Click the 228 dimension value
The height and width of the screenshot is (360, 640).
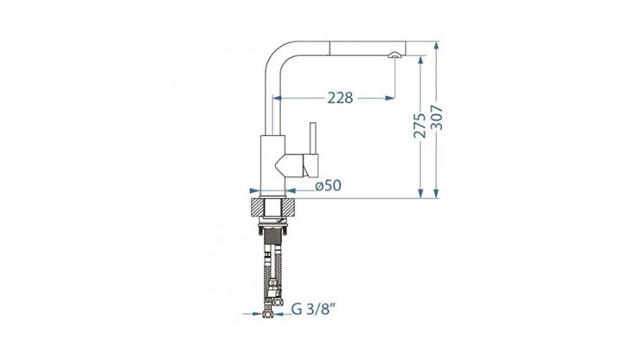[x=340, y=98]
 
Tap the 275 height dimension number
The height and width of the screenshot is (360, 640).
[x=419, y=125]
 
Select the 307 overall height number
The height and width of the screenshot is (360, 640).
[x=437, y=118]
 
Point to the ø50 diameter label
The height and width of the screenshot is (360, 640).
[x=328, y=185]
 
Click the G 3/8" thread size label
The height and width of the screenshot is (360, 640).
[x=313, y=309]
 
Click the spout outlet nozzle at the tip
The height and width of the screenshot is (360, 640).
[x=394, y=55]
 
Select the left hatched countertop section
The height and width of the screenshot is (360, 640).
[x=257, y=207]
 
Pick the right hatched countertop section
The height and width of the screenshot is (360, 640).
[x=288, y=207]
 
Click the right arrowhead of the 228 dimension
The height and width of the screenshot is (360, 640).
[x=390, y=98]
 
